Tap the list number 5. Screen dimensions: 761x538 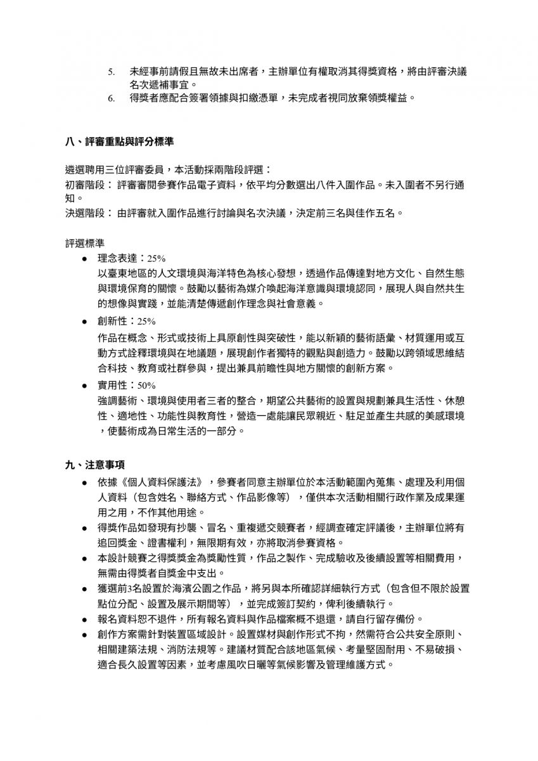(111, 72)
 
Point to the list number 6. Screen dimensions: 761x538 (111, 98)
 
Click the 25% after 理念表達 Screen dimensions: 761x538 (156, 259)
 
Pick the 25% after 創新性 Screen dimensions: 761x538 (146, 321)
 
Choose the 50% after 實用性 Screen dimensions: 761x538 (146, 385)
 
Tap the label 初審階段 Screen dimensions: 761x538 (85, 185)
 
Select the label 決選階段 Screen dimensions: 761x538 (85, 213)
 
